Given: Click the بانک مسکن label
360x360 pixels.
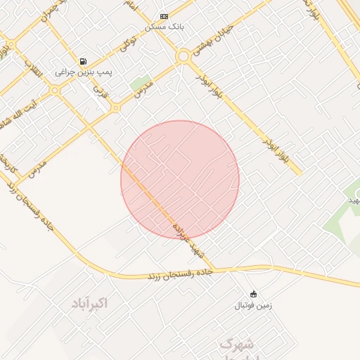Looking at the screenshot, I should (x=164, y=26).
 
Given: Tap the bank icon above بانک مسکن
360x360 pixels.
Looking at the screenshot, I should (x=164, y=15).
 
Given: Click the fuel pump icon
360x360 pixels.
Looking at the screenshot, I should (x=84, y=61).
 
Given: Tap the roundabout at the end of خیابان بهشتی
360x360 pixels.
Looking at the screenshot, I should (x=183, y=56).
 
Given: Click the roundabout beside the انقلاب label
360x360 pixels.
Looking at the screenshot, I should (x=55, y=90).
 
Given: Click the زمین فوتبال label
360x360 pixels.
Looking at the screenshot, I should (x=253, y=305).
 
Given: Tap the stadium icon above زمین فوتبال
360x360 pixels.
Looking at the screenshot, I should (x=253, y=294).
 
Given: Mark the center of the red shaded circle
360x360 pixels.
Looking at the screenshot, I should (x=180, y=179).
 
